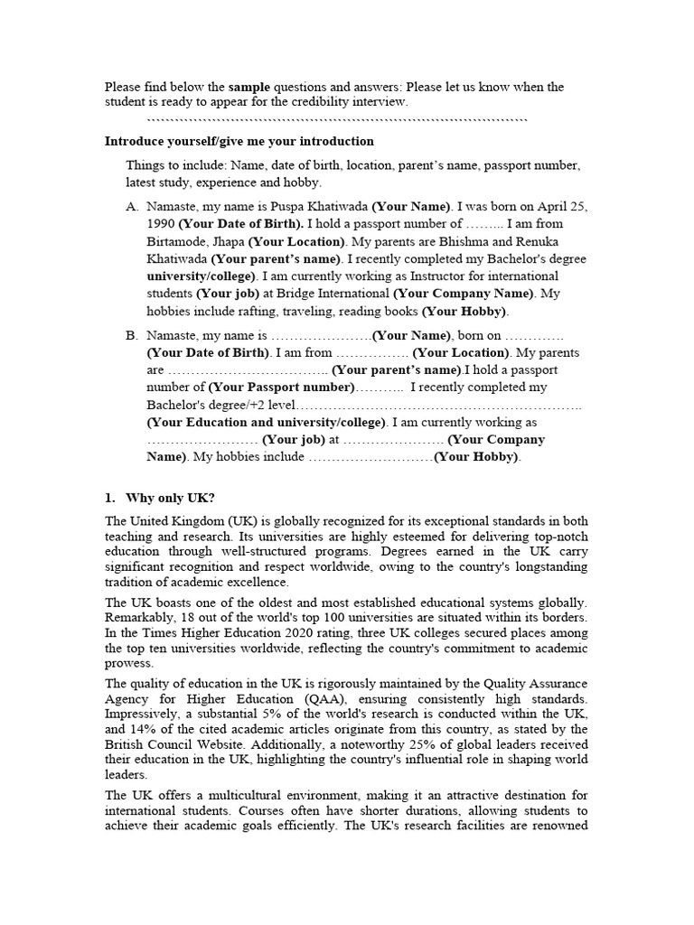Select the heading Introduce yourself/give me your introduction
(239, 141)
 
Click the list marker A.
(132, 207)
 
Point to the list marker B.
(132, 335)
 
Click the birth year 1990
(161, 223)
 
